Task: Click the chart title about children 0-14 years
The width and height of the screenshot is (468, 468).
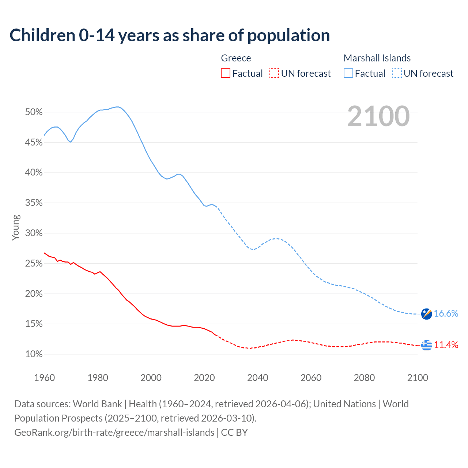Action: [x=170, y=35]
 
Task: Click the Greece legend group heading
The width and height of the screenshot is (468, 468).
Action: [x=236, y=58]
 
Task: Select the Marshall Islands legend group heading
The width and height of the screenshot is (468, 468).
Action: [x=377, y=58]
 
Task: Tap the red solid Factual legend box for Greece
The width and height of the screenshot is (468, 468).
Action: [x=226, y=73]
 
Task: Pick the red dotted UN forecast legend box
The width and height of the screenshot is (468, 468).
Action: [x=274, y=73]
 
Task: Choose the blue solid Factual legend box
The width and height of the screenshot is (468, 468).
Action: [x=348, y=73]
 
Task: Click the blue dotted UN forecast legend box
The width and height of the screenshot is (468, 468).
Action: [x=397, y=73]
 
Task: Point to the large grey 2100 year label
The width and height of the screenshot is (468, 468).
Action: [x=378, y=116]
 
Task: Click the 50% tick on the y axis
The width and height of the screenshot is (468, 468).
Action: [x=34, y=112]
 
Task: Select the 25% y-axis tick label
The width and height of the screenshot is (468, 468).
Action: [x=34, y=264]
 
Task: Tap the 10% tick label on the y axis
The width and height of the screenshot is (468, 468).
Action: [x=34, y=354]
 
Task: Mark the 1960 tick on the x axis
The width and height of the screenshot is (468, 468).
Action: [x=45, y=378]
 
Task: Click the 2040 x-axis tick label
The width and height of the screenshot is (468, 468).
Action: [x=258, y=378]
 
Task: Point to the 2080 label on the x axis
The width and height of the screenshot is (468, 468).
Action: [x=364, y=378]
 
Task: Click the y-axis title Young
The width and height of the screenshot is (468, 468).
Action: [x=15, y=227]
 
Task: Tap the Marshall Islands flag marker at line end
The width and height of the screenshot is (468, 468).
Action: [x=426, y=314]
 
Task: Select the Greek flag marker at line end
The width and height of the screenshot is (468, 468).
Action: [x=426, y=345]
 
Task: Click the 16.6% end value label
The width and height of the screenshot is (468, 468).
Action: [x=446, y=313]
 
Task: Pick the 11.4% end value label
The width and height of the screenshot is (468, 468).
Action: [x=446, y=345]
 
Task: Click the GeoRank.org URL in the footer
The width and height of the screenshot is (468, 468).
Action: [x=114, y=433]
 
